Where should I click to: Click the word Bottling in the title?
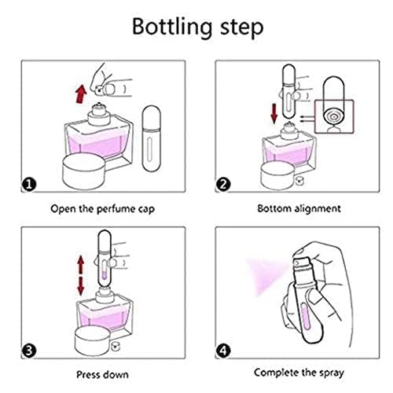(172, 28)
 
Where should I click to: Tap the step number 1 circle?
(29, 185)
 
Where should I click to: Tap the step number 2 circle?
(223, 185)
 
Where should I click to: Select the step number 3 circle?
(29, 351)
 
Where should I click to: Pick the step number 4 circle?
(223, 351)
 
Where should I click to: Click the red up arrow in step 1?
(81, 94)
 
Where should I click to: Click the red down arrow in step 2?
(274, 114)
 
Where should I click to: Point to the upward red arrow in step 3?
(81, 264)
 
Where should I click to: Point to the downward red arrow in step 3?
(81, 286)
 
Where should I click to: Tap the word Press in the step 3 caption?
(87, 375)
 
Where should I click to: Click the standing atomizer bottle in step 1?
(152, 138)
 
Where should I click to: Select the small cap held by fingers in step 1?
(100, 90)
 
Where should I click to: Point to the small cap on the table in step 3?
(115, 347)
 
